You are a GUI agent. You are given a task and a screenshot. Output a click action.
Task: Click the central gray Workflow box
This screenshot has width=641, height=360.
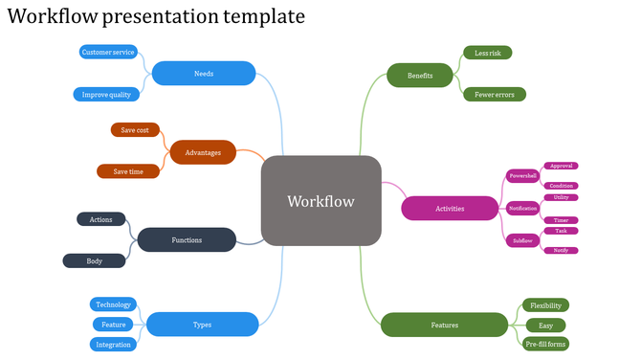[x=321, y=201]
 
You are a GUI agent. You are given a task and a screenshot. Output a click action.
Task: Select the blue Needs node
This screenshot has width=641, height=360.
[x=204, y=74]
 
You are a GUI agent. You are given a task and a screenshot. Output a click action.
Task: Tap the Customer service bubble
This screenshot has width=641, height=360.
[x=108, y=52]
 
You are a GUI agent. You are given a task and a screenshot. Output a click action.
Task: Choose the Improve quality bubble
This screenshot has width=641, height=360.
[x=107, y=94]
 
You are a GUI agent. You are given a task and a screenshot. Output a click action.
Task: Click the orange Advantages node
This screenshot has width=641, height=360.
[x=203, y=152]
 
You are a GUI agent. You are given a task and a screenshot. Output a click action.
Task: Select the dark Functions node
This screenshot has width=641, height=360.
[x=187, y=239]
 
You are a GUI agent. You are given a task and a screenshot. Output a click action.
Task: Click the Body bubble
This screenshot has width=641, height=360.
[x=95, y=260]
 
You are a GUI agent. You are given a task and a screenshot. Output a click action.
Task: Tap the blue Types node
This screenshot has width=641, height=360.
[x=202, y=325]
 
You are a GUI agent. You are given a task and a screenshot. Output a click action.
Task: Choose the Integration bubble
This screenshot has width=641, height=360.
[x=114, y=345]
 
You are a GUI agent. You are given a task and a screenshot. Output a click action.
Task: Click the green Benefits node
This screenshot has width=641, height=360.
[x=420, y=75]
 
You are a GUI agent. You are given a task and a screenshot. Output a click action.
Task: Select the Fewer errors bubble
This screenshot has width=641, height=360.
[x=494, y=95]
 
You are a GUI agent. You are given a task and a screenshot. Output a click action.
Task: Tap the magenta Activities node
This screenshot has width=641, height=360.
[x=450, y=208]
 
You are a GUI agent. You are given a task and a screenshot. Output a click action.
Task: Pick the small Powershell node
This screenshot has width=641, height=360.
[x=522, y=176]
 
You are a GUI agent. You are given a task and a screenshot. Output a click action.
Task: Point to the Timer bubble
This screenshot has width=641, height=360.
[x=561, y=220]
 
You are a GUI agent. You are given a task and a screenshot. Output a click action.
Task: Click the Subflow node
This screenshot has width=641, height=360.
[x=522, y=240]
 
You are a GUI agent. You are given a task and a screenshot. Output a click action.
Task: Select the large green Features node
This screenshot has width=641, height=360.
[x=444, y=325]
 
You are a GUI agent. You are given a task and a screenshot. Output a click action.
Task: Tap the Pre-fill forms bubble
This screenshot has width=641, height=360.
[x=546, y=344]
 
